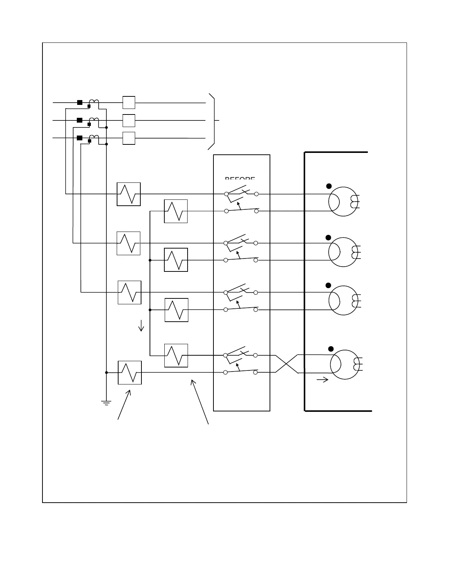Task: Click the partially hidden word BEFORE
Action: [240, 179]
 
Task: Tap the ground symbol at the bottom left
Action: [106, 403]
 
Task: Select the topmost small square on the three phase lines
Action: [129, 102]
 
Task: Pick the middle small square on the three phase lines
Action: [129, 120]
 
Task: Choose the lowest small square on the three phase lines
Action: [129, 138]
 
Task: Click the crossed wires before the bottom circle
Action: [287, 364]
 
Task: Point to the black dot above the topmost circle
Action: [329, 186]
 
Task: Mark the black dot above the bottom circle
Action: [331, 349]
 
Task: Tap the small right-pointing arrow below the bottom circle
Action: [323, 379]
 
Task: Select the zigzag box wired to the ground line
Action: [130, 373]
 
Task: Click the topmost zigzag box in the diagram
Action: [129, 194]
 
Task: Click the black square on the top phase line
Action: [79, 102]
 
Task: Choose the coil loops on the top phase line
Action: [94, 102]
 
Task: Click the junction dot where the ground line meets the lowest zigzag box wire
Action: [106, 373]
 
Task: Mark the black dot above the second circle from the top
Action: [329, 237]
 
